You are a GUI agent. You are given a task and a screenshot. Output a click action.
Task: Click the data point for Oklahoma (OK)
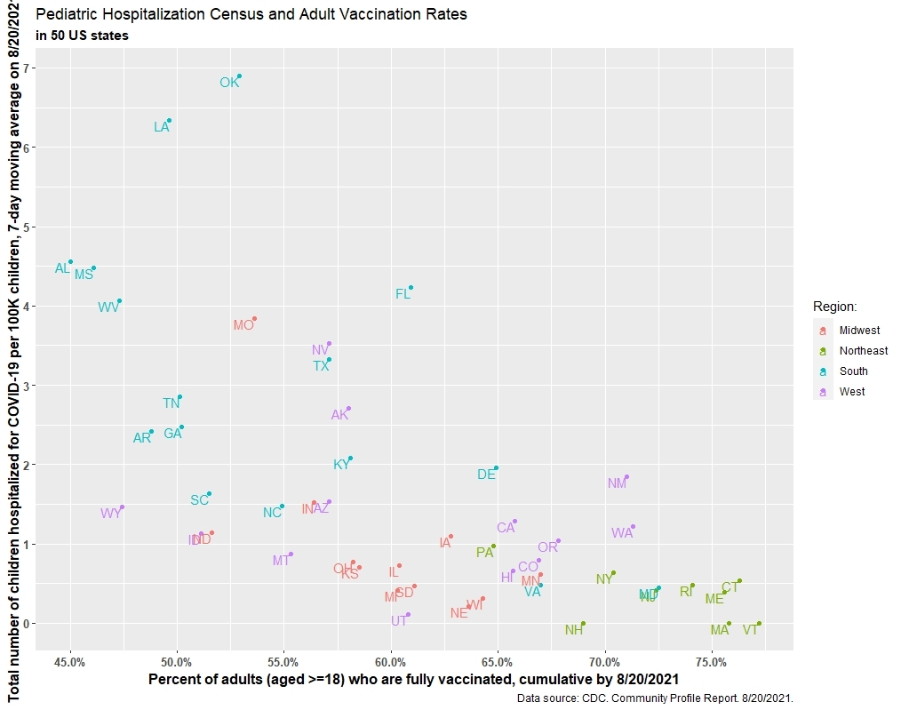[x=240, y=76]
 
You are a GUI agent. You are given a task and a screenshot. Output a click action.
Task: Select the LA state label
[x=161, y=127]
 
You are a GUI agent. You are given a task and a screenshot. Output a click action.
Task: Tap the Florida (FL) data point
[x=411, y=288]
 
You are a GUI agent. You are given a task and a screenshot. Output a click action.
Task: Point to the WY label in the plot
[x=111, y=514]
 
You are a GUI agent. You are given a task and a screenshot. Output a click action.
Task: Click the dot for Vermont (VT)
[x=759, y=624]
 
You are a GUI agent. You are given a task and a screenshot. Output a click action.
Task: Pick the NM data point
[x=626, y=477]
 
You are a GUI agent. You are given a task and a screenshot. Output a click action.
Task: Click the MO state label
[x=243, y=325]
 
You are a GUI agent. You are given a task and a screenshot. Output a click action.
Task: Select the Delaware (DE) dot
[x=496, y=468]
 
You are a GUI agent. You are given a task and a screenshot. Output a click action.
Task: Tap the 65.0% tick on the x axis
[x=498, y=662]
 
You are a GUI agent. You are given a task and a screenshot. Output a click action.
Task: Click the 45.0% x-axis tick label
[x=70, y=662]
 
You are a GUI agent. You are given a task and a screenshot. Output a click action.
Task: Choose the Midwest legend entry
[x=859, y=331]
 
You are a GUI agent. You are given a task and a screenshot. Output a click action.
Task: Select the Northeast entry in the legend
[x=863, y=351]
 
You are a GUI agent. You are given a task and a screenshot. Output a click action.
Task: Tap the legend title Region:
[x=834, y=307]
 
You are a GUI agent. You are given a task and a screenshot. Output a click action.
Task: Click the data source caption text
[x=654, y=698]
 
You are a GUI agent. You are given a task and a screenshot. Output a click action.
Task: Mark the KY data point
[x=351, y=459]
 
